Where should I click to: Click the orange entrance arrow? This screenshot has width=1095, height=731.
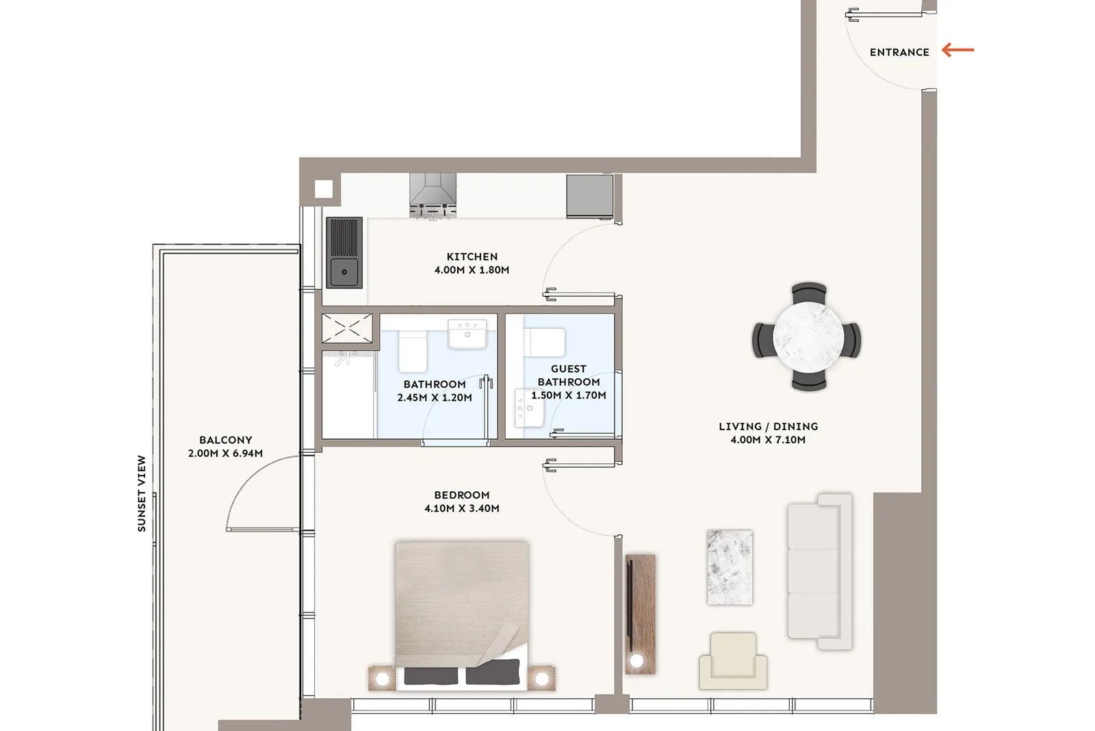(957, 50)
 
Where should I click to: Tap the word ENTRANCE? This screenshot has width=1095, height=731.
(899, 52)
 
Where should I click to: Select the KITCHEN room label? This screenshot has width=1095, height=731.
(472, 256)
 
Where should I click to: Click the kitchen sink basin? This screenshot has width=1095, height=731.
(344, 271)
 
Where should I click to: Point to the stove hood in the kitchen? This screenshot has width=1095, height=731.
(433, 195)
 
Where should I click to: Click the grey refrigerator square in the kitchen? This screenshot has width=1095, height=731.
(589, 196)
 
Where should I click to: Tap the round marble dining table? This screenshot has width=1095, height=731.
(808, 337)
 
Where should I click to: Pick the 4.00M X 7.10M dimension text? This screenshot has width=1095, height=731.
(768, 440)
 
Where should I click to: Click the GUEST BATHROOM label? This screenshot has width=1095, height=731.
(569, 375)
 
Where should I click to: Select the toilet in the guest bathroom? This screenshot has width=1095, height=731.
(545, 342)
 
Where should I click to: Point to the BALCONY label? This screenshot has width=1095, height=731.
(226, 440)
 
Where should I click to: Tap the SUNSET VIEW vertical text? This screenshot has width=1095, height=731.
(142, 494)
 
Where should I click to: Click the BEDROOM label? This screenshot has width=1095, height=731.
(462, 495)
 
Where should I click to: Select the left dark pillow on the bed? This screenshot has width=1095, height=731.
(431, 676)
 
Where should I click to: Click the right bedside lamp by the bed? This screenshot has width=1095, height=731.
(541, 679)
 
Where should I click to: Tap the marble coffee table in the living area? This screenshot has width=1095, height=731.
(730, 567)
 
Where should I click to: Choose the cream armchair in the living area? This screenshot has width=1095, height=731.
(733, 660)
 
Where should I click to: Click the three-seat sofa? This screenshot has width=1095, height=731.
(820, 571)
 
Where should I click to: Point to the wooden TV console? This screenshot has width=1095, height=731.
(641, 615)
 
